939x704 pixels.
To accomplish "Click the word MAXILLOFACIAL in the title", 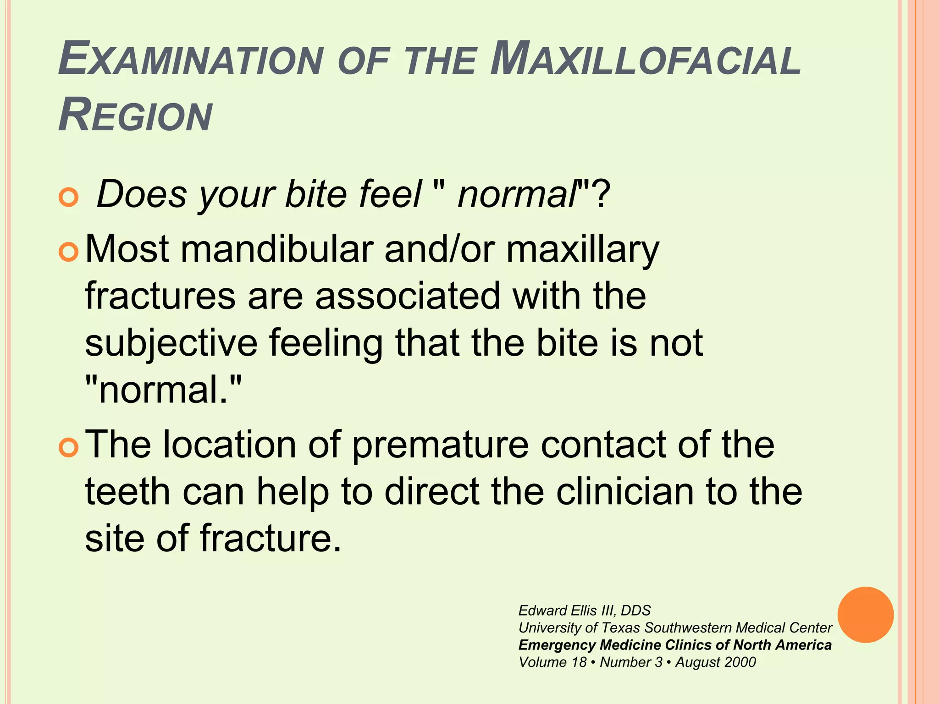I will (646, 60).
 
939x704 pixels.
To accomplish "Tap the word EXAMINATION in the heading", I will (191, 60).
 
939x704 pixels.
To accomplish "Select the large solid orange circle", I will (865, 615).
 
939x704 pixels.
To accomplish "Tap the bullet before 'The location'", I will (69, 447).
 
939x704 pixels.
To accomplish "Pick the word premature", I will (440, 445).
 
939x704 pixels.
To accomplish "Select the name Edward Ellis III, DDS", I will (584, 610).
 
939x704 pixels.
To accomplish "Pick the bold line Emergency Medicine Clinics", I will (674, 645).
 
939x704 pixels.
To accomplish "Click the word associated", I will (407, 297).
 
